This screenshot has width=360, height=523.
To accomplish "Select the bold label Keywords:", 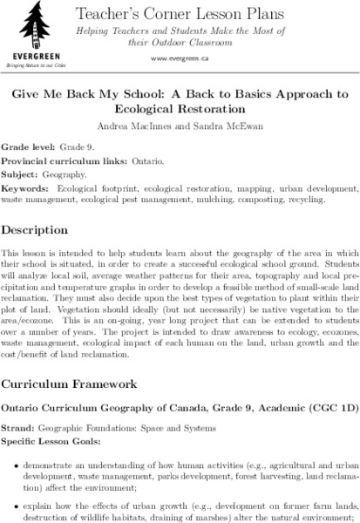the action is (24, 187).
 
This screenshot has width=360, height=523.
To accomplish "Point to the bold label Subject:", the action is (21, 174).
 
